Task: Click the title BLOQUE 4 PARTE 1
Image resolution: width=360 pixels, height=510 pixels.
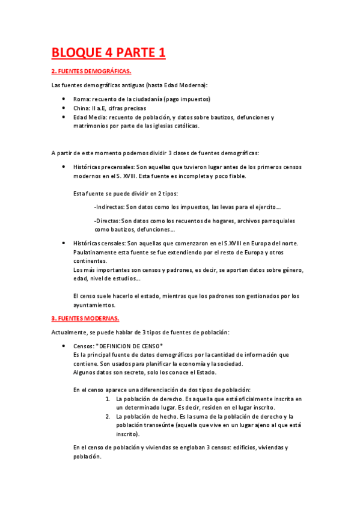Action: pyautogui.click(x=108, y=53)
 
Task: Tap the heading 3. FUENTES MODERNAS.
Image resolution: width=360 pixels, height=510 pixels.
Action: pyautogui.click(x=85, y=318)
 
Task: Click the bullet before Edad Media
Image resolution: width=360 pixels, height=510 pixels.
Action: pyautogui.click(x=64, y=117)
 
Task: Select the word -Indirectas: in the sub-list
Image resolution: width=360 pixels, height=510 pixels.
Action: pyautogui.click(x=109, y=207)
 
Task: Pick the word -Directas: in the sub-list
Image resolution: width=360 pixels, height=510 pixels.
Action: pyautogui.click(x=107, y=221)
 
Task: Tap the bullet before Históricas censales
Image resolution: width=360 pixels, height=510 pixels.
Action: pyautogui.click(x=64, y=243)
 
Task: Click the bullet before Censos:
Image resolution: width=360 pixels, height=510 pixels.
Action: pyautogui.click(x=64, y=346)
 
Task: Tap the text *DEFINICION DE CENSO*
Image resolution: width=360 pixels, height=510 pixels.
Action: pyautogui.click(x=129, y=346)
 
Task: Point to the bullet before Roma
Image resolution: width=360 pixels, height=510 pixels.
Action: pyautogui.click(x=64, y=99)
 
